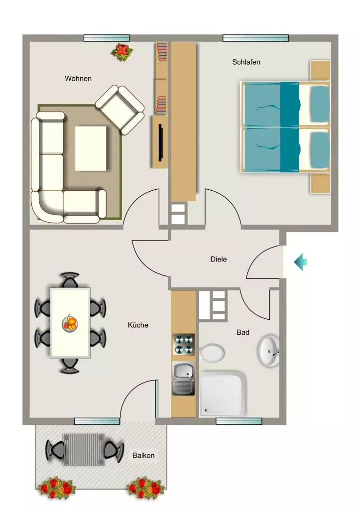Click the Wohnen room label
(78, 78)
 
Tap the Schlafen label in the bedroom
(246, 62)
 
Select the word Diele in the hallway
(219, 259)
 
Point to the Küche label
(138, 325)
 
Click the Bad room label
(243, 332)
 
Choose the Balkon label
(143, 455)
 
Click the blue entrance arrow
(300, 262)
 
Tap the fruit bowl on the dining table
(70, 323)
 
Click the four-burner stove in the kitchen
(183, 345)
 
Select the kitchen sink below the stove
(183, 379)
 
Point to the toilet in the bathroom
(212, 352)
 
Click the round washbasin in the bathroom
(268, 351)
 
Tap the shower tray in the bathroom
(223, 394)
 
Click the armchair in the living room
(120, 110)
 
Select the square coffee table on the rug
(91, 148)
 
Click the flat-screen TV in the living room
(160, 142)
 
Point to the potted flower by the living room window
(122, 52)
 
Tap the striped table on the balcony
(84, 450)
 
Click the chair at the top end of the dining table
(70, 280)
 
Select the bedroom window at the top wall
(255, 38)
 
